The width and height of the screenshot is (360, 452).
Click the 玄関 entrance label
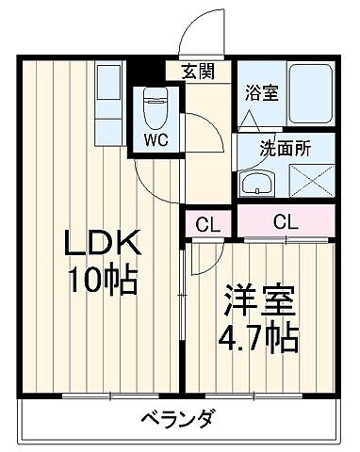pos(198,70)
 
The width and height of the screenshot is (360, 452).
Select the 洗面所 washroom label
pos(284,147)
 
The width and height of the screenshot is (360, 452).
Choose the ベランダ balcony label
pos(179,418)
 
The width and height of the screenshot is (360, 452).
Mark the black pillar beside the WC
pos(138,72)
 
